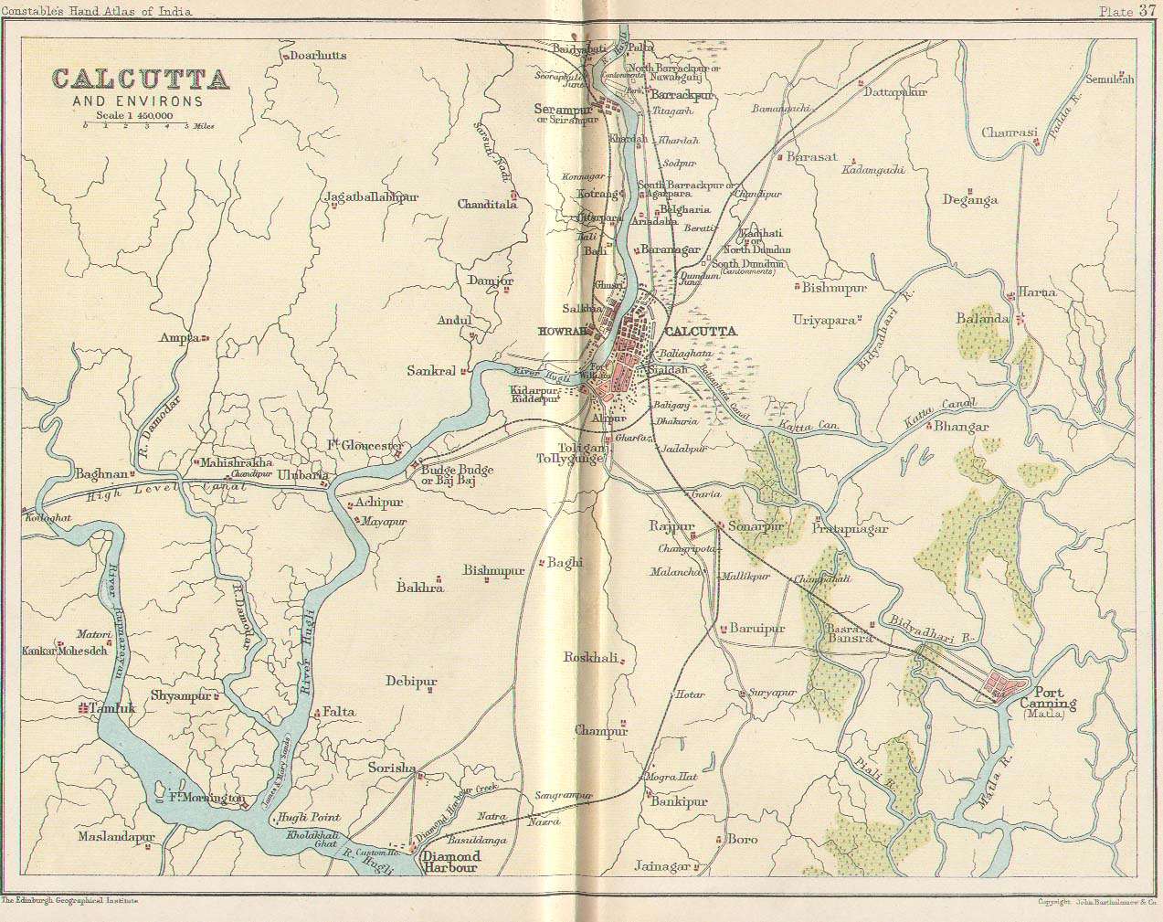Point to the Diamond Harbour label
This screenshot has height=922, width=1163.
coord(449,862)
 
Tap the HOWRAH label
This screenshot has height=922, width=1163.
coord(561,332)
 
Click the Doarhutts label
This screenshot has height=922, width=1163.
coord(318,56)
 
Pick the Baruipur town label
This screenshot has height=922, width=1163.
coord(756,629)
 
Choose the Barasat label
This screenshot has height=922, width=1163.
coord(811,157)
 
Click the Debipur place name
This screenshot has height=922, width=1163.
coord(411,682)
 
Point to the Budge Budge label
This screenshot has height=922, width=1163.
coord(457,470)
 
